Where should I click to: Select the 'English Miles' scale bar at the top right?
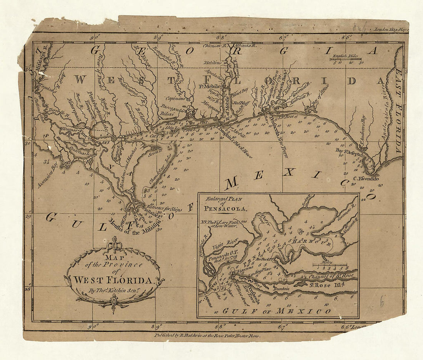pos(345,58)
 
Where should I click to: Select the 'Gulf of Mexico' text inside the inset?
pos(276,311)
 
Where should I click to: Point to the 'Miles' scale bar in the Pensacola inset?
pos(330,265)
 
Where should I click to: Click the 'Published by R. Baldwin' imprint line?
pos(207,335)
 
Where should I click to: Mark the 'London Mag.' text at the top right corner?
pos(389,29)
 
